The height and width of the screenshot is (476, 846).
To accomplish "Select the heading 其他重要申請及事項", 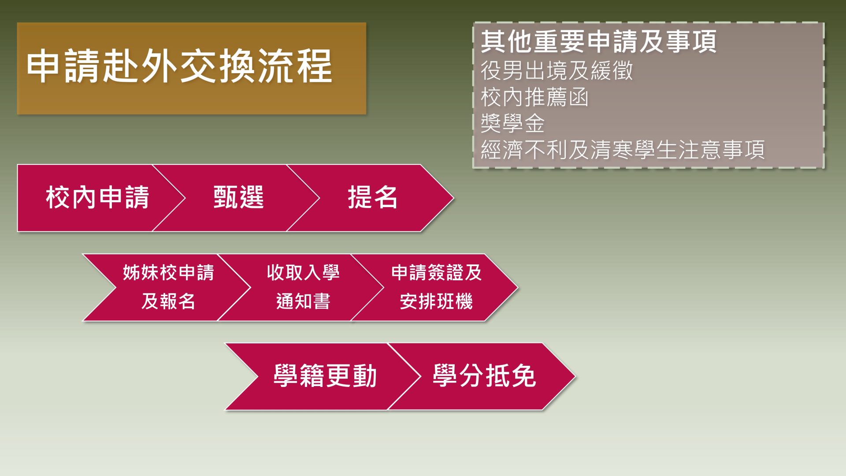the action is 598,41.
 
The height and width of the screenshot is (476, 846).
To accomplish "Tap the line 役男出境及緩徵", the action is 557,71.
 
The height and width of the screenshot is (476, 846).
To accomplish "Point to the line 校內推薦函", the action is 534,97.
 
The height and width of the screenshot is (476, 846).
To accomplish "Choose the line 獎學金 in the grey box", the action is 513,123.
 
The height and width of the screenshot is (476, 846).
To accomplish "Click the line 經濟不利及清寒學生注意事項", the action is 623,150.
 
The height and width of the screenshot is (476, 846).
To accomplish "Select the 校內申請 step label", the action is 97,197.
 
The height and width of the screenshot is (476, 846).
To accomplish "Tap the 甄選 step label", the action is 238,197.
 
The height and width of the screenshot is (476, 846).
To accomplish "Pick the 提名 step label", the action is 373,197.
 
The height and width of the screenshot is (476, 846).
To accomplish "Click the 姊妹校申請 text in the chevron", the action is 168,272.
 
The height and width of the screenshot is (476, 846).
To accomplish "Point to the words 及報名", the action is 168,301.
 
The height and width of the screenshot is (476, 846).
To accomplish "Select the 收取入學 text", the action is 303,272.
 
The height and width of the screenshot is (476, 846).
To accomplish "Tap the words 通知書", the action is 303,301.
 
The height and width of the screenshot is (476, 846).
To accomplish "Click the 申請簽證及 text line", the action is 436,272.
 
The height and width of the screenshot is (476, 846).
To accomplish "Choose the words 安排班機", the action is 436,301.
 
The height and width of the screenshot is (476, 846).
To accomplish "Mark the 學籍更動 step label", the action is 325,376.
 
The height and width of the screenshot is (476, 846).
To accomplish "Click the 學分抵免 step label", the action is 484,376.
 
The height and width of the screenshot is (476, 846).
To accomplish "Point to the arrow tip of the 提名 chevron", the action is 453,198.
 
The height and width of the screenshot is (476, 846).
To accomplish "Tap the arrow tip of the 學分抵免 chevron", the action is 575,376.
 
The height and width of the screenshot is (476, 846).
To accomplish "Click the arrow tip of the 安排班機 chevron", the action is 518,287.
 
